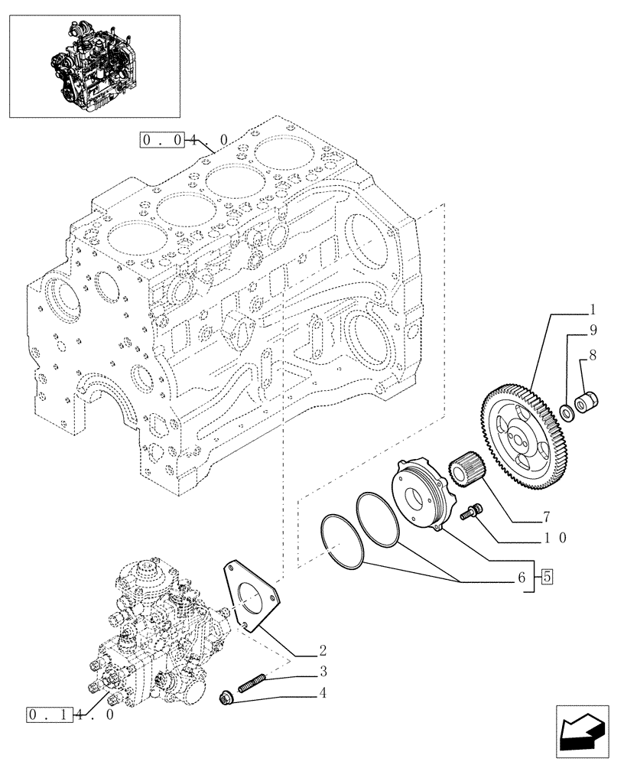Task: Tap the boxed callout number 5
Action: pyautogui.click(x=547, y=578)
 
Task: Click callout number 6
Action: pyautogui.click(x=522, y=579)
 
